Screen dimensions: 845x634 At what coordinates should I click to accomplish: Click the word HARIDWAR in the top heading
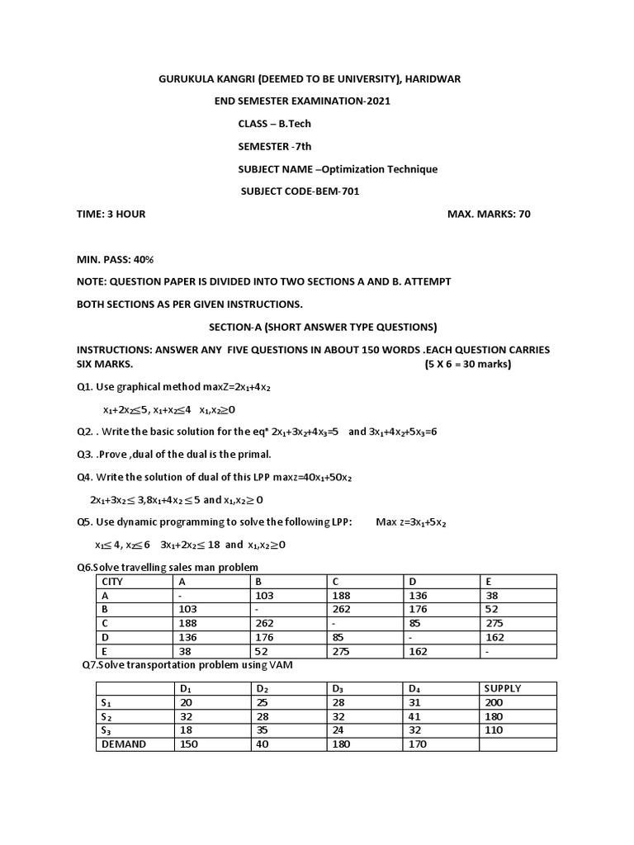pos(432,78)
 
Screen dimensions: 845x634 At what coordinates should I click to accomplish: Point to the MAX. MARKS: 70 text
pos(489,214)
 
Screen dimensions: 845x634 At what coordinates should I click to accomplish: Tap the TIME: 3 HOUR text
pos(111,214)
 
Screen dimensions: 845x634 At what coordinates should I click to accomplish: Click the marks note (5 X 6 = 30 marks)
pos(468,364)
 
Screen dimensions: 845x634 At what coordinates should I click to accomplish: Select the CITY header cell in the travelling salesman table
pos(111,581)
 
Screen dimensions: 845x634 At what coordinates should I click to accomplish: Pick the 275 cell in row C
pos(496,623)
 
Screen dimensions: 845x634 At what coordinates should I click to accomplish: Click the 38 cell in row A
pos(493,595)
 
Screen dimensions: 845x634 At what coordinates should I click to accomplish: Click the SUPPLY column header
pos(503,688)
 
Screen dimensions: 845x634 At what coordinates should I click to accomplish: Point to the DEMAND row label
pos(124,744)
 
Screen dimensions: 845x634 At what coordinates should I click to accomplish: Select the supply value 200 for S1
pos(494,702)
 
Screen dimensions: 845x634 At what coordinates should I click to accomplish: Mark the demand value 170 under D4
pos(418,744)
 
